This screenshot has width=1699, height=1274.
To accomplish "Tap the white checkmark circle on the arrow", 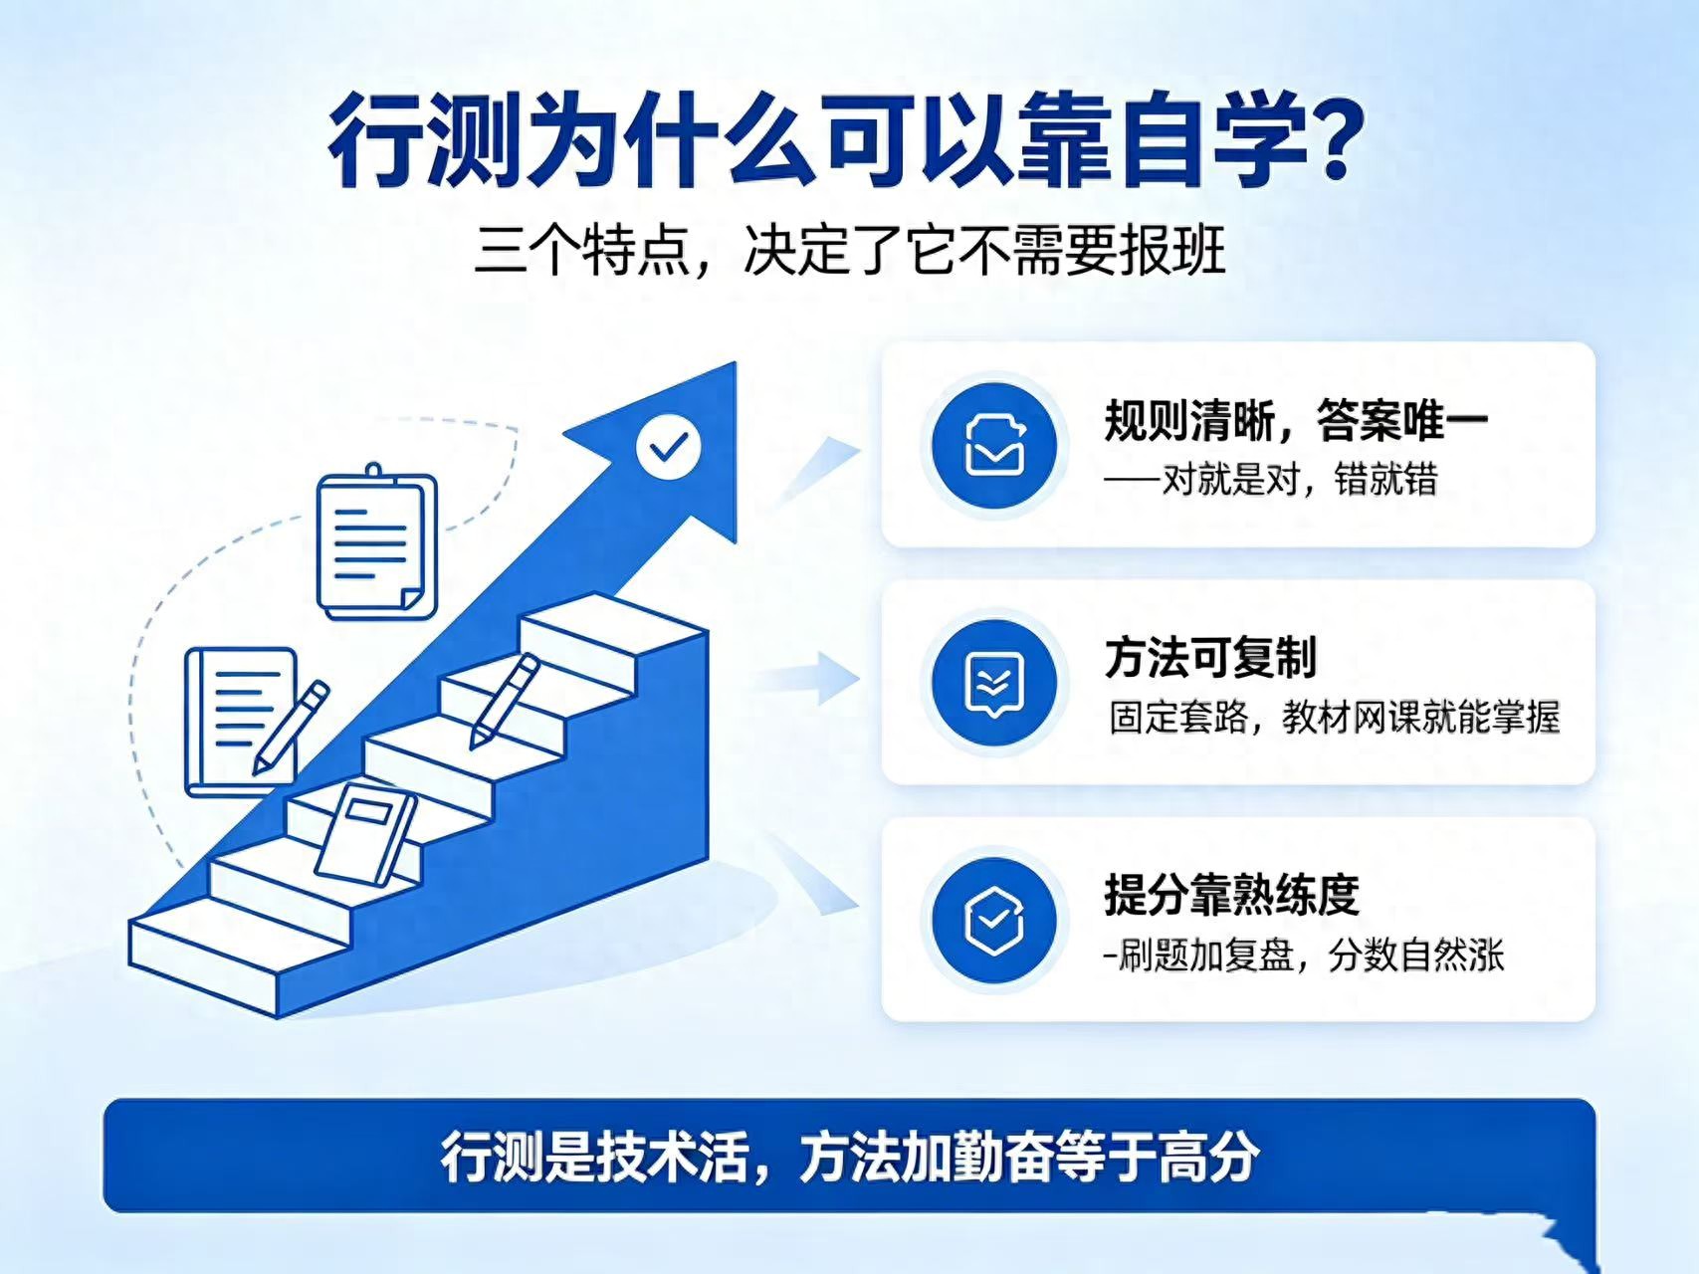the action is (668, 447).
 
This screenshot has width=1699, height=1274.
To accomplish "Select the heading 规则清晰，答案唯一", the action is (1296, 420).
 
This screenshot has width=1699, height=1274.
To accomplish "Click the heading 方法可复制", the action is (1210, 658).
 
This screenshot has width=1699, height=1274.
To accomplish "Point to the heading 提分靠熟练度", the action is (1231, 895).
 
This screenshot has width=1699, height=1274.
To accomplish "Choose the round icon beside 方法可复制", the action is (993, 682).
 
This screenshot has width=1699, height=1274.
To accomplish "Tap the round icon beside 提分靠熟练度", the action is (993, 919).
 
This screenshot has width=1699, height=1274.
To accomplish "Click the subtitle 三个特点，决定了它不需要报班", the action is (849, 250).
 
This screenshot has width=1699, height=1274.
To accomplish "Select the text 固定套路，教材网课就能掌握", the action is (1335, 718).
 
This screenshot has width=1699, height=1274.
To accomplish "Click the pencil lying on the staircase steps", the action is (505, 701).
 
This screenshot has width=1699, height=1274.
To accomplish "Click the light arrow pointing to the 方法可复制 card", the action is (806, 681).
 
